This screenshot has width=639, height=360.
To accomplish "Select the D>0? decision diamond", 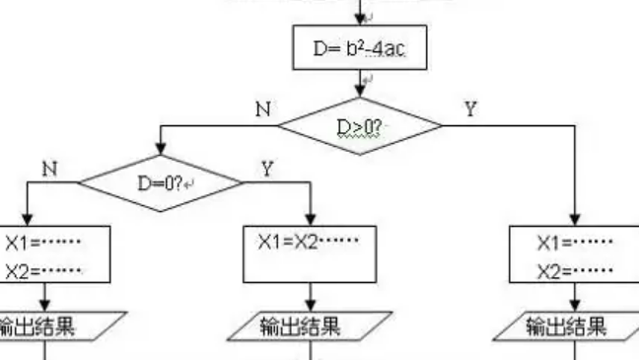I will click(x=360, y=126).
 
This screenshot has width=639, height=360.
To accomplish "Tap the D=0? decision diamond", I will click(x=160, y=181).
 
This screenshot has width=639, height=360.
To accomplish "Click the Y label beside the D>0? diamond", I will click(x=470, y=108).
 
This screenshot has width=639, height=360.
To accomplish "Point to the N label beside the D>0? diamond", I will click(x=262, y=109).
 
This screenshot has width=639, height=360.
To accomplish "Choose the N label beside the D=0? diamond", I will click(x=46, y=168).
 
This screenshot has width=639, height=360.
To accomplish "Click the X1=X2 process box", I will click(x=311, y=253).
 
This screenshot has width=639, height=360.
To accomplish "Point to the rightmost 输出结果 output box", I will click(x=572, y=325).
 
